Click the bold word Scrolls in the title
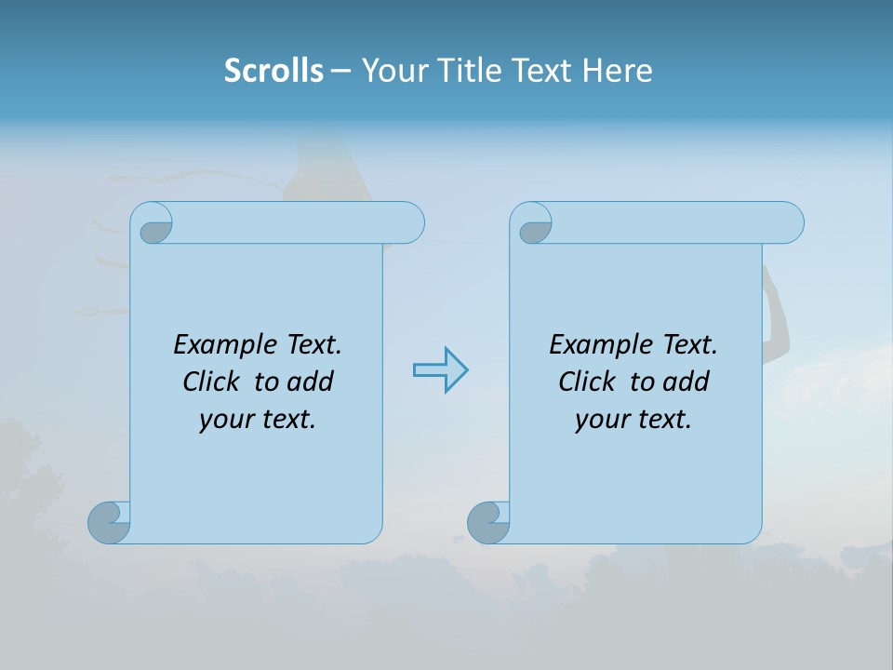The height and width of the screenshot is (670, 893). tap(273, 71)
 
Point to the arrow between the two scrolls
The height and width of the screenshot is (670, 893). tap(440, 370)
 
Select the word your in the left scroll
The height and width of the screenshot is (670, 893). tap(222, 420)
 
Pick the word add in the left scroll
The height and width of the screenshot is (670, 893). tap(310, 382)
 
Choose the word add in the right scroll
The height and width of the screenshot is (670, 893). tap(686, 382)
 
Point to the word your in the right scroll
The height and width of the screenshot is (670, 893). tap(598, 420)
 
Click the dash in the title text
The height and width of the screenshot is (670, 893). tap(340, 71)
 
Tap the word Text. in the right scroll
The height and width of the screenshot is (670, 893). tap(689, 345)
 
